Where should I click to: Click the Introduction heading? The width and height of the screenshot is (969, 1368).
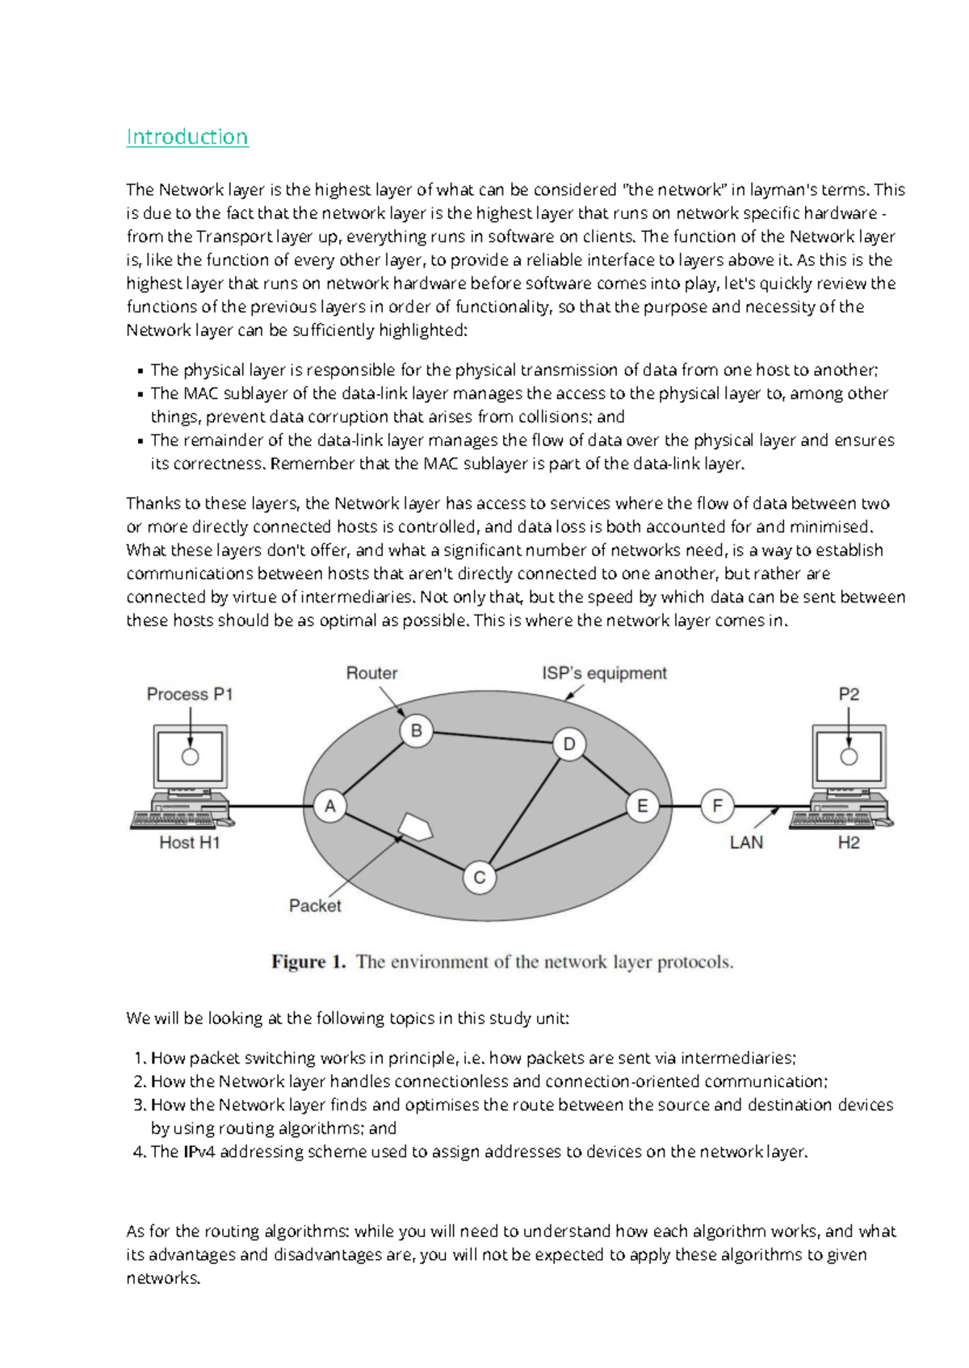point(187,136)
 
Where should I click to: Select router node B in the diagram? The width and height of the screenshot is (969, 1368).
point(417,731)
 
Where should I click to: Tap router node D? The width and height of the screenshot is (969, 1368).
point(569,744)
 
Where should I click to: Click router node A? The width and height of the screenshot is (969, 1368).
point(329,806)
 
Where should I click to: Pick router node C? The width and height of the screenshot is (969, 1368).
point(479,878)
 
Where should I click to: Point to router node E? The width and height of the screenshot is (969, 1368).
point(643,806)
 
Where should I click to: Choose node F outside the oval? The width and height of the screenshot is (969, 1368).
point(717,806)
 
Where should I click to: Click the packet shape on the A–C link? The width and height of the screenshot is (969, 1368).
point(416,828)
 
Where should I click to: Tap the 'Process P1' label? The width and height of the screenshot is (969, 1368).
point(190,694)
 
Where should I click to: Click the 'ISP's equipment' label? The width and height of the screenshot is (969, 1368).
point(604,673)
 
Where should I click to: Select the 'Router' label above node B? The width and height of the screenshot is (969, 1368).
point(371,673)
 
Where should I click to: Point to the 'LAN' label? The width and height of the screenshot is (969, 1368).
point(745,842)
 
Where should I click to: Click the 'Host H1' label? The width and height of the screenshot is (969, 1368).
point(190,842)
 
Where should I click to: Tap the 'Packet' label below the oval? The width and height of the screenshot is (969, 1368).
point(315,905)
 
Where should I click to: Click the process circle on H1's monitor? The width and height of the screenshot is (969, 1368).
point(190,757)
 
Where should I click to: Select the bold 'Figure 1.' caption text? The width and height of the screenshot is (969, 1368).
point(308,962)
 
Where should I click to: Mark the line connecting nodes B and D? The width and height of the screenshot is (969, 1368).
point(493,737)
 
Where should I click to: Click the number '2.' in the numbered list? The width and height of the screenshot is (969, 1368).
point(140,1081)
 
